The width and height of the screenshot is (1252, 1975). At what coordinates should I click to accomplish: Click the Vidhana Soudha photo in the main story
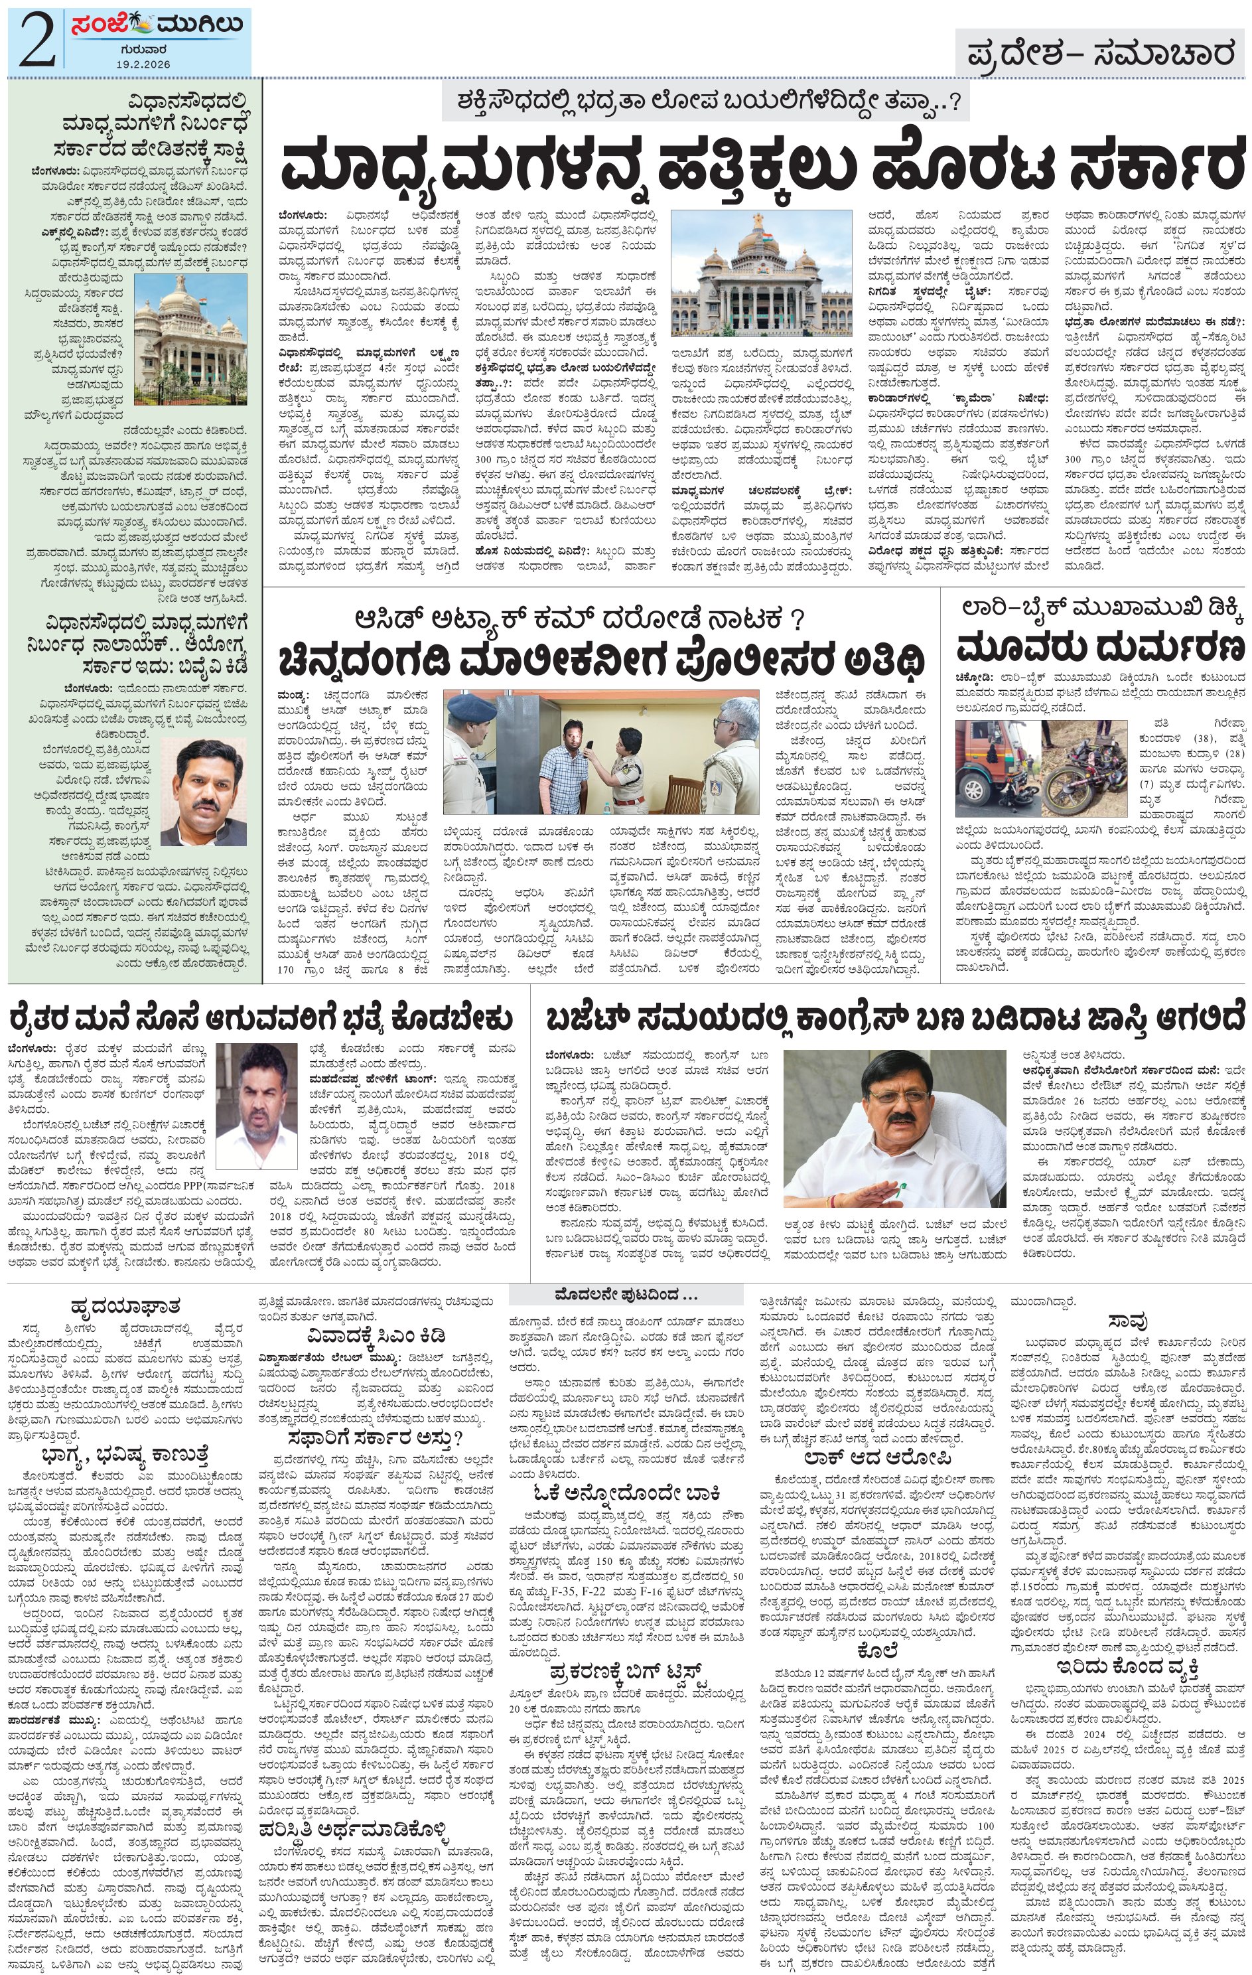point(761,273)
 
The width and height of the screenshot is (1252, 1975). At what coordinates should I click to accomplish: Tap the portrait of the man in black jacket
point(204,792)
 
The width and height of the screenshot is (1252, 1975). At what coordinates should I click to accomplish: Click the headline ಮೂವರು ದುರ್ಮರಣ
point(1099,647)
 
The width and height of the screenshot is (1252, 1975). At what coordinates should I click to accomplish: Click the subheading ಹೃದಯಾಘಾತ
point(125,1305)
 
